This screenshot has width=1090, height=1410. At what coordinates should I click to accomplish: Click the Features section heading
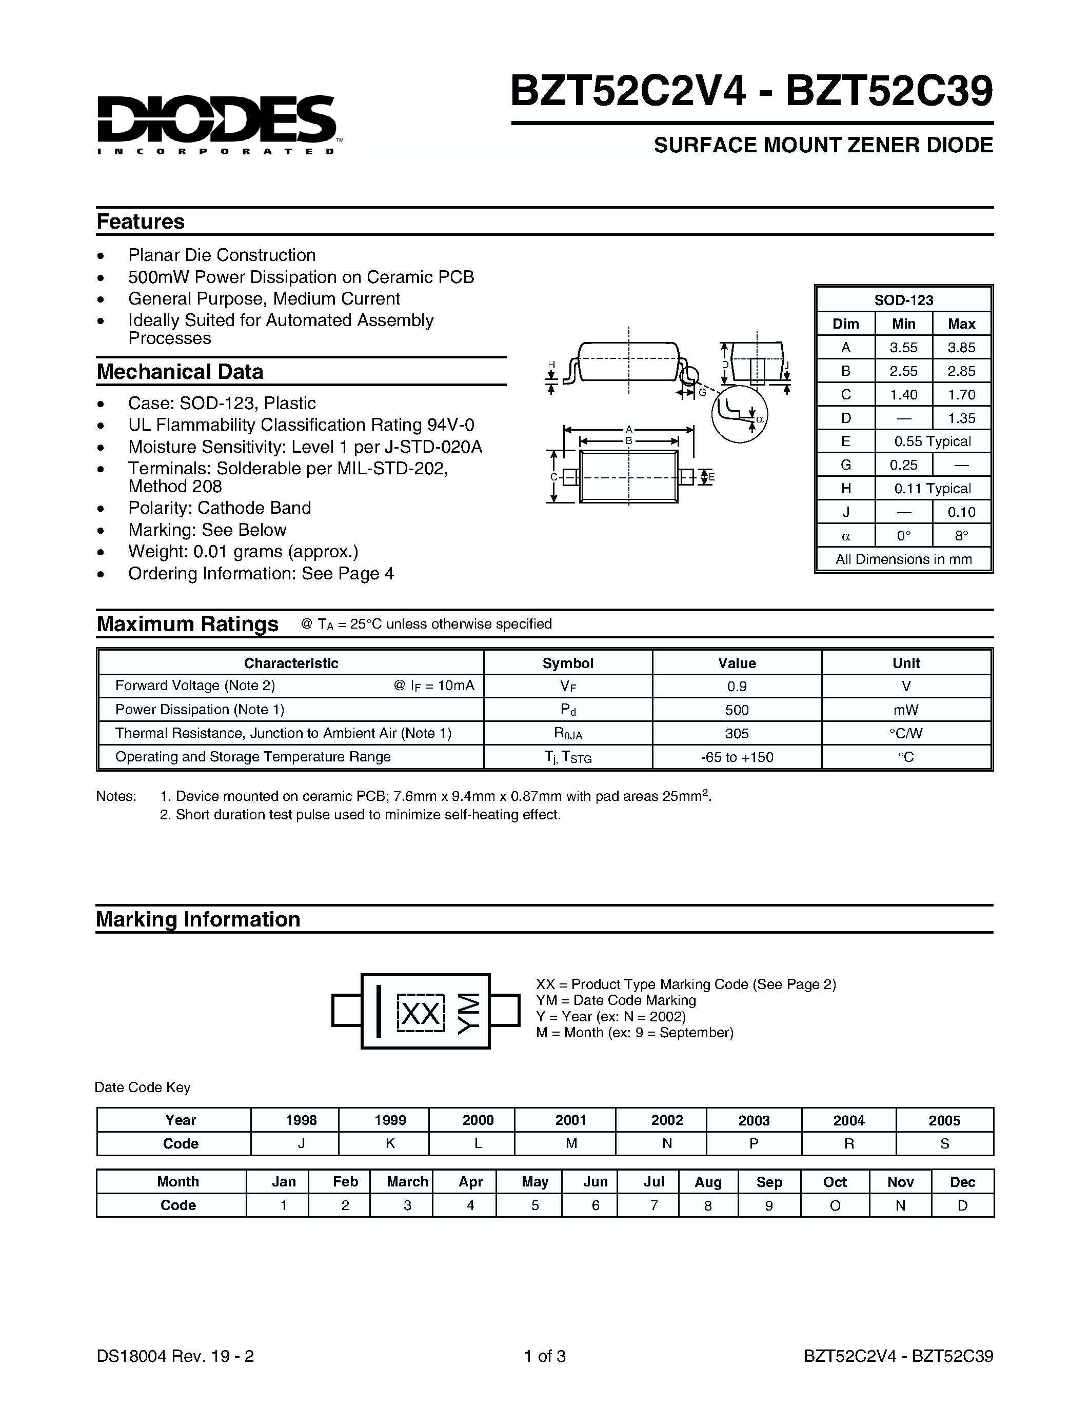[140, 221]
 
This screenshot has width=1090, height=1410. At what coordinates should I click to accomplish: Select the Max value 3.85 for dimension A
[961, 347]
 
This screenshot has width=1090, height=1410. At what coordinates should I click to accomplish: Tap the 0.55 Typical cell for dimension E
[932, 441]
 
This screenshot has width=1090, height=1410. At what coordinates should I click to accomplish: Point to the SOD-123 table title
[903, 300]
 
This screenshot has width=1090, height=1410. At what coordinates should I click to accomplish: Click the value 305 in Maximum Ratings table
[736, 733]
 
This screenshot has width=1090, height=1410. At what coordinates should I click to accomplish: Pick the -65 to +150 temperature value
[736, 757]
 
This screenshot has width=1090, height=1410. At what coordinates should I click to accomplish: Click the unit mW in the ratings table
[905, 710]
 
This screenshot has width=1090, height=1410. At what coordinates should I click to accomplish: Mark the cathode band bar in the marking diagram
[379, 1011]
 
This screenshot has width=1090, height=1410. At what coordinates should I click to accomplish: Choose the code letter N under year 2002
[666, 1143]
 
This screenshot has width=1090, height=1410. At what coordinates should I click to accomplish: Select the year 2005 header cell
[944, 1120]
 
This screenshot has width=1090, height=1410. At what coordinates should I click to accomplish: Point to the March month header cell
[407, 1181]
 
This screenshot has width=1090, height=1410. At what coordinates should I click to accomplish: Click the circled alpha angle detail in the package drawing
[740, 414]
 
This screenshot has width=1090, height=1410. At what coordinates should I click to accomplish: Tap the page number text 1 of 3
[544, 1356]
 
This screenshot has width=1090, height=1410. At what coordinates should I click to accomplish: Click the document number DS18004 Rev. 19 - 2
[175, 1356]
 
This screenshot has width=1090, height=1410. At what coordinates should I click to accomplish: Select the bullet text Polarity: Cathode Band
[219, 508]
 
